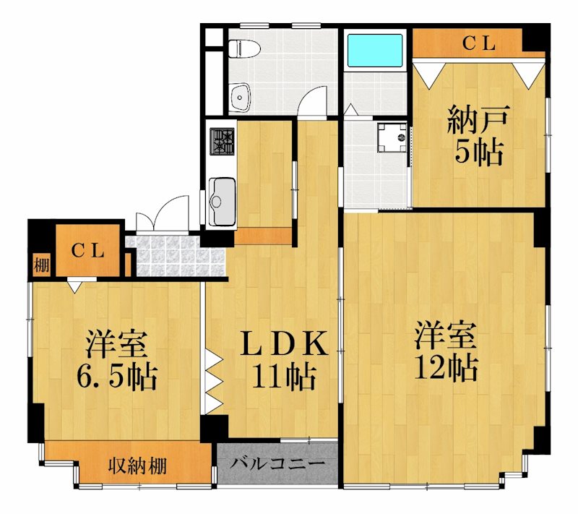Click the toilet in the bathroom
click(x=242, y=49)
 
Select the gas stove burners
click(x=222, y=140)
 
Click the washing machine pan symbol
click(x=392, y=137)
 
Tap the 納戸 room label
click(x=478, y=119)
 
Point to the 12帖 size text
click(x=445, y=369)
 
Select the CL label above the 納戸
click(x=479, y=43)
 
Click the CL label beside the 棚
click(x=88, y=252)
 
